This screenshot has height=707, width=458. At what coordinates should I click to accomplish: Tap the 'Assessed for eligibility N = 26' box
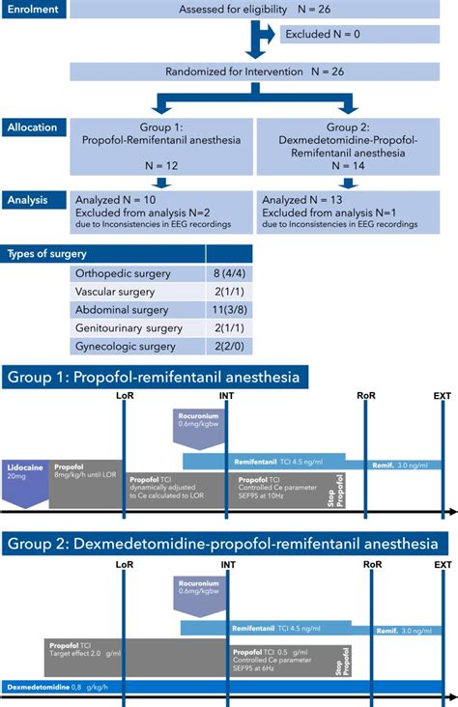coord(262,11)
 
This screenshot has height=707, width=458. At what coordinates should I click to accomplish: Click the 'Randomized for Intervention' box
coord(262,71)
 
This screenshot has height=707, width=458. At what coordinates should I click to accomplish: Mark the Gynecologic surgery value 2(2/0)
coord(234,346)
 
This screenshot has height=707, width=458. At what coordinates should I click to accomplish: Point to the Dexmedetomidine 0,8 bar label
coord(48,688)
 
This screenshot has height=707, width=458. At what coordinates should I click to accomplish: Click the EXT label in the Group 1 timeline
coord(442,395)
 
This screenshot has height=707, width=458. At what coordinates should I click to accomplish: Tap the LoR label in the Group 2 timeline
coord(124,564)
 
